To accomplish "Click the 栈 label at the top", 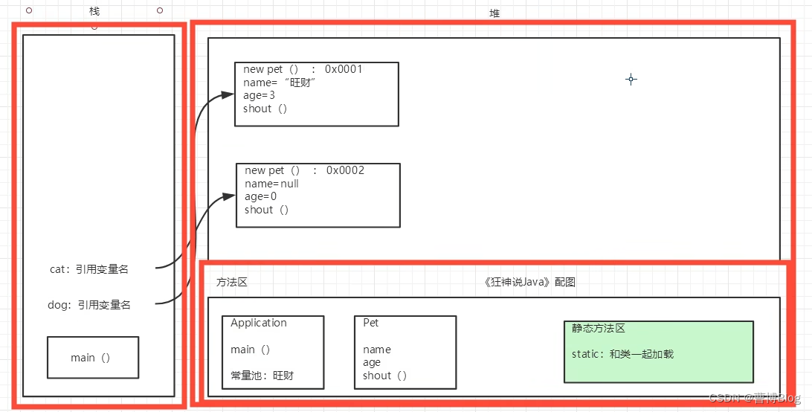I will pos(94,12).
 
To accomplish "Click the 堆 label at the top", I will pos(494,13).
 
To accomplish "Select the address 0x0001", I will pos(344,69).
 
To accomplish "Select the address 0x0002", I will pos(345,170).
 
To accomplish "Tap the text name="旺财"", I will pos(280,83).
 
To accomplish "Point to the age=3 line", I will pos(259,95).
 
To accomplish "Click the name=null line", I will pos(271,184).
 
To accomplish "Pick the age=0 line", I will pos(260,196).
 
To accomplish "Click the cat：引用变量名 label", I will pos(88,269).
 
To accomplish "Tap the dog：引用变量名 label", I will pos(89,304).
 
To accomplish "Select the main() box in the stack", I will pos(92,358).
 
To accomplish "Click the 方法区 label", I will pos(231,283).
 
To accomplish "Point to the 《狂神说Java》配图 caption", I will pos(529,282).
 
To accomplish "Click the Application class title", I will pos(258,323).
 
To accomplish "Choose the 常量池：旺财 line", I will pos(262,376).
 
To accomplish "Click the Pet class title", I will pos(370,323).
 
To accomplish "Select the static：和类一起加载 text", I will pos(622,354).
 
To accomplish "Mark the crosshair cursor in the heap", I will pos(631,79).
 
